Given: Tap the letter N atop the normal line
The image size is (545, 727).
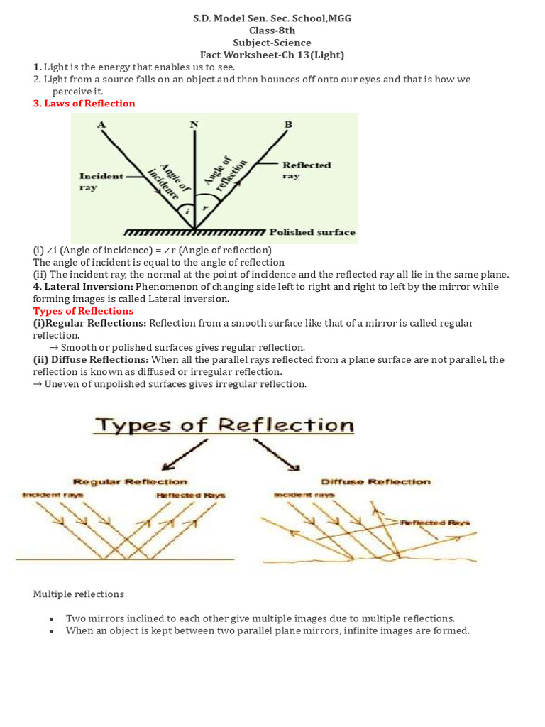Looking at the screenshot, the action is click(x=194, y=125).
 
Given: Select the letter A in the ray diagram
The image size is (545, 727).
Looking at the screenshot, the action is click(x=101, y=125).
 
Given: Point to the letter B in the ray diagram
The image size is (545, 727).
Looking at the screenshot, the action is click(x=287, y=125).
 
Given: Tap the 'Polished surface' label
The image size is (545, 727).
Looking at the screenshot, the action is click(x=312, y=232).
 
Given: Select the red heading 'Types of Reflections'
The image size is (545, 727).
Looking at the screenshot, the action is click(x=83, y=311).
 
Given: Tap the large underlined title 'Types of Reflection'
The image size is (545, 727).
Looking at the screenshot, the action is click(x=224, y=425).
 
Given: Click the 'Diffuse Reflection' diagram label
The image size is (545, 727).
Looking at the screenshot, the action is click(x=375, y=481).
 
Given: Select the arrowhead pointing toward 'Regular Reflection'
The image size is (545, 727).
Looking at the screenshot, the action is click(x=167, y=466).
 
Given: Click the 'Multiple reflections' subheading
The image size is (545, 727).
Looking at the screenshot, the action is click(x=79, y=594).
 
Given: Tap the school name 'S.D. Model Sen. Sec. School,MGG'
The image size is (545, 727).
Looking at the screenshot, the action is click(x=272, y=18).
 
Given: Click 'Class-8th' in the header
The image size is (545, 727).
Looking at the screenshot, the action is click(x=272, y=31).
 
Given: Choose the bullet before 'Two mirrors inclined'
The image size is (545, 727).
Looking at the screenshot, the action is click(x=52, y=619).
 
